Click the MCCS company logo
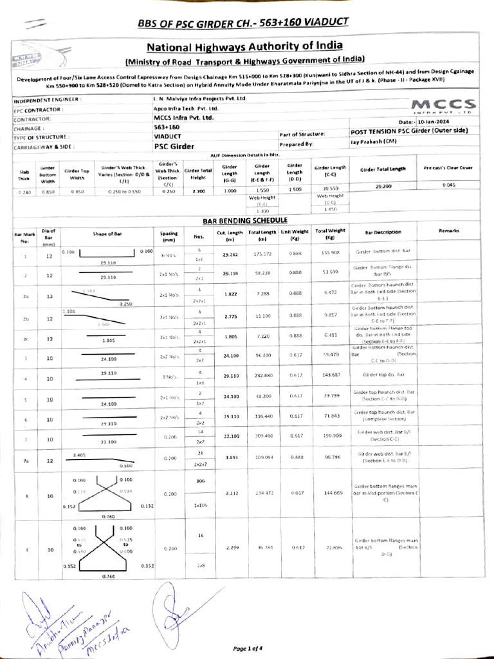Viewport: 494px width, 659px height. point(443,105)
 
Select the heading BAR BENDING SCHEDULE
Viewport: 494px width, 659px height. point(245,221)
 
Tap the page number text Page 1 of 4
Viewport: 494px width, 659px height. point(247,648)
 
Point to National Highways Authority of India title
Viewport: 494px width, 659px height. point(244,46)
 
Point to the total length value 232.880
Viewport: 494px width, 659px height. point(263,375)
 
